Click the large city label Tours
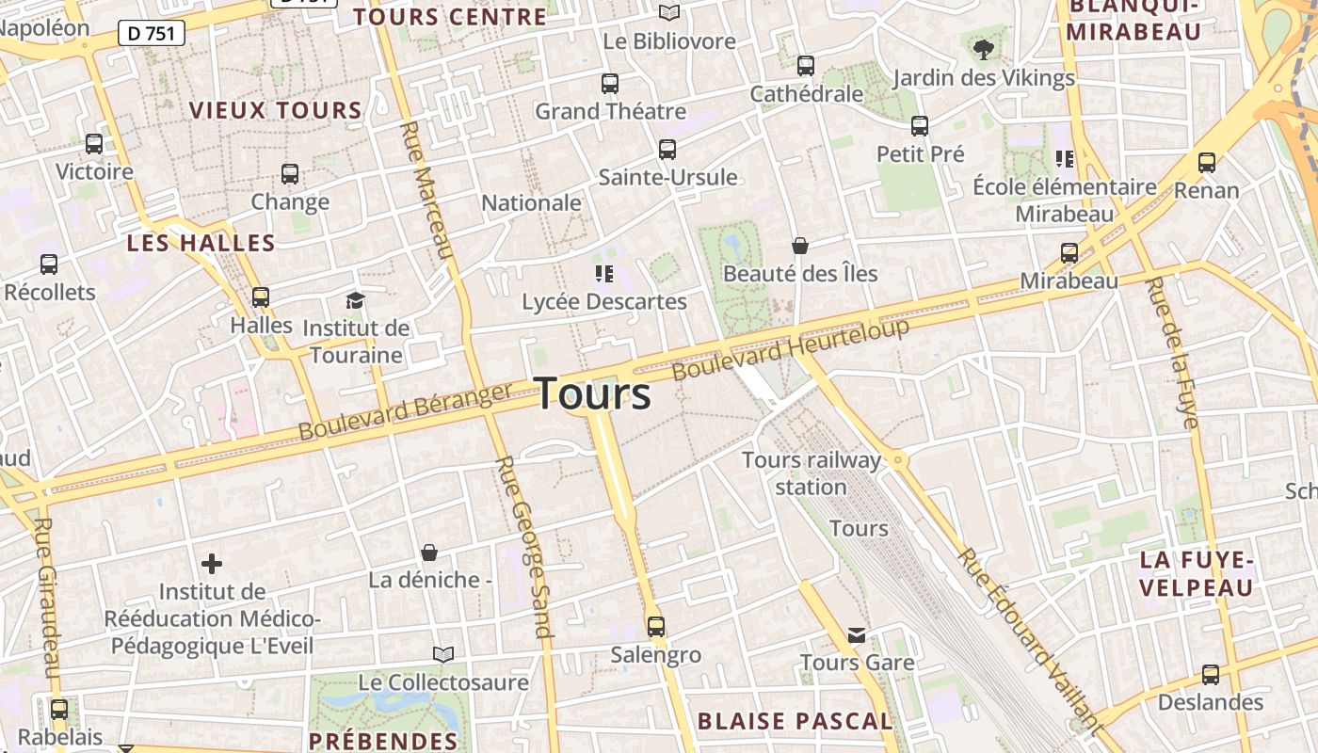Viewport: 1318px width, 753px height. [x=593, y=393]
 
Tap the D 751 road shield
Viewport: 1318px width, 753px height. [x=151, y=33]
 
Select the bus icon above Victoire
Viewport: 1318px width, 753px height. [x=94, y=144]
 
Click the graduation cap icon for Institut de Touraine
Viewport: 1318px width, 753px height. [x=355, y=300]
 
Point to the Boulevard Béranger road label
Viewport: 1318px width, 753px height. [x=406, y=410]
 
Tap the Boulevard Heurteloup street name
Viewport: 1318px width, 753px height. [x=791, y=349]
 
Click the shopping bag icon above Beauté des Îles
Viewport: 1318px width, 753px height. [x=799, y=246]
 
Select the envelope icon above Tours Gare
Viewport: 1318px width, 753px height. [x=856, y=635]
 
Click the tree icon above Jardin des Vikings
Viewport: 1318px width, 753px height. [x=983, y=48]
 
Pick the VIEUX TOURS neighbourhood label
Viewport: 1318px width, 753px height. [x=275, y=110]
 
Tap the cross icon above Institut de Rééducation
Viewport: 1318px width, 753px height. [x=212, y=564]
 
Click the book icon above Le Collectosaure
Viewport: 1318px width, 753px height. [x=442, y=653]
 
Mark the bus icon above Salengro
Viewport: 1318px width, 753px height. [x=656, y=626]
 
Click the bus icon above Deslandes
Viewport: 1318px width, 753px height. [x=1211, y=674]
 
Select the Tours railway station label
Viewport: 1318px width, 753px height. [x=812, y=473]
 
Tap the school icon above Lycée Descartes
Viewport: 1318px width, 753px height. [x=603, y=274]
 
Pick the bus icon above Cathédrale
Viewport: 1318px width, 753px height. [x=806, y=66]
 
